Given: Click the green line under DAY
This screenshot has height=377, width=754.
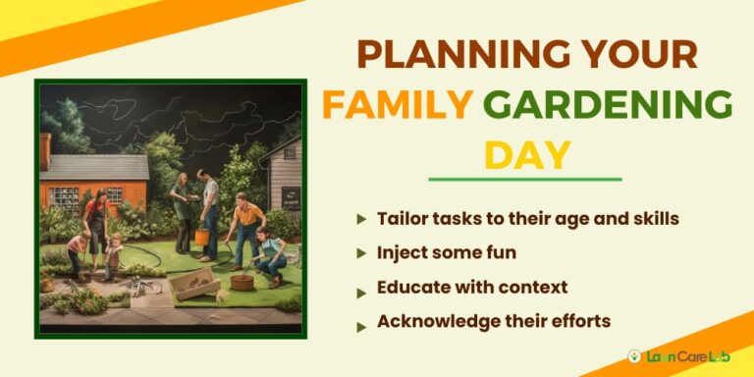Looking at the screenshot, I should pyautogui.click(x=525, y=180).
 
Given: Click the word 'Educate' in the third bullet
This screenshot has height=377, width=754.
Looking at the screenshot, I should pyautogui.click(x=408, y=288).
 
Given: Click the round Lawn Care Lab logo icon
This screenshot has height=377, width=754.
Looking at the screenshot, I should pyautogui.click(x=635, y=355).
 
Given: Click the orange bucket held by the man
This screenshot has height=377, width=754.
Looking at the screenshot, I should pyautogui.click(x=203, y=238).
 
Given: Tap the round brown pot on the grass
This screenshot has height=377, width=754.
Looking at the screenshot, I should pyautogui.click(x=241, y=283).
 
